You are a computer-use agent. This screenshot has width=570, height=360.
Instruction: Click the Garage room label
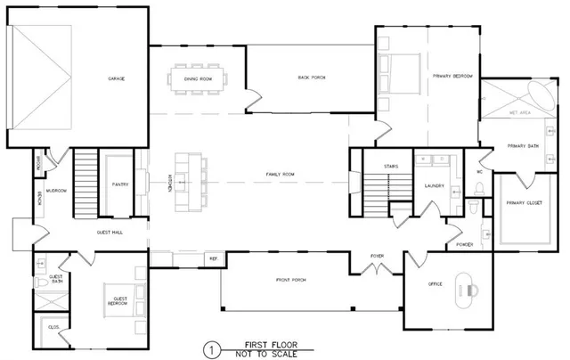coord(116,79)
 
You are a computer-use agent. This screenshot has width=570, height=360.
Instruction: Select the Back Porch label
coord(311,78)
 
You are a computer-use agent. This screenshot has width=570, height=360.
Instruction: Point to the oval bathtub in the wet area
coord(541,93)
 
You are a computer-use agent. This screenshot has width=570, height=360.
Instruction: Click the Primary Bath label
coord(520,145)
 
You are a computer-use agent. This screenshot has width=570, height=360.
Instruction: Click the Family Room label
coord(280,174)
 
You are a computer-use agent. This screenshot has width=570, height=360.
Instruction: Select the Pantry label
coord(120,185)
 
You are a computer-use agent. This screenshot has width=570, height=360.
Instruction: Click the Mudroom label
coord(58,190)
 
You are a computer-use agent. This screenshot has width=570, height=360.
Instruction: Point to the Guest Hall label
coord(109,232)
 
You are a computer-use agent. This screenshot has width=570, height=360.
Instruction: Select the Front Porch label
coord(290,280)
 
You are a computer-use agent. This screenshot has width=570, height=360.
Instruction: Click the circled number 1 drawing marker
coord(211,348)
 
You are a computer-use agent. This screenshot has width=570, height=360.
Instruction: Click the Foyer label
coord(378,255)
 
